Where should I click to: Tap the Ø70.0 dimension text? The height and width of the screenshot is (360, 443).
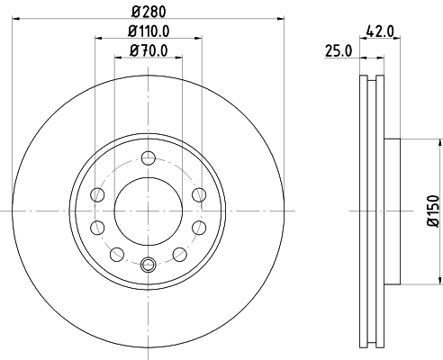pos(148,50)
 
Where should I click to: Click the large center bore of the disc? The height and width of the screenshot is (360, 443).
pos(149,210)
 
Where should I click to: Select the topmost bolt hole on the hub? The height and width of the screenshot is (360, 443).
pos(149,158)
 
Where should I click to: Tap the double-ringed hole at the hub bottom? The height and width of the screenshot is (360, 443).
pos(149,263)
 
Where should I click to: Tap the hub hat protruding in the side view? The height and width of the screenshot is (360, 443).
pos(390,210)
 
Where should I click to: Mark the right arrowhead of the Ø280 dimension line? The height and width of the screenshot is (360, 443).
pos(278,17)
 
